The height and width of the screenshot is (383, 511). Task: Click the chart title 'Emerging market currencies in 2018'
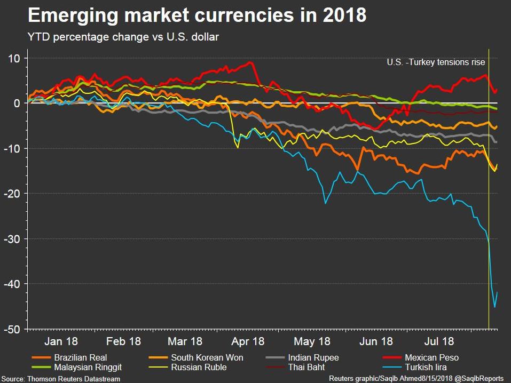[x=196, y=16]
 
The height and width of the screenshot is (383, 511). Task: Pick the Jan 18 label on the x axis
[x=61, y=341]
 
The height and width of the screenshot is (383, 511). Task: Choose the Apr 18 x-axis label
[x=248, y=341]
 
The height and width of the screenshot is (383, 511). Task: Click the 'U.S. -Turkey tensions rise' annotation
[x=436, y=62]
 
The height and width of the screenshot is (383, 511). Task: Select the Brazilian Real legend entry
[x=80, y=358]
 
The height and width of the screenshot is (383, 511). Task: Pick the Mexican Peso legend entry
[x=431, y=358]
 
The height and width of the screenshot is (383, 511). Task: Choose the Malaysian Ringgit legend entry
[x=87, y=367]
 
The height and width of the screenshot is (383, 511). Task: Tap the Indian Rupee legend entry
[x=313, y=358]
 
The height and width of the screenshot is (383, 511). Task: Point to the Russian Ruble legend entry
[x=199, y=367]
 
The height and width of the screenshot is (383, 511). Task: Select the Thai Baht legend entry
[x=306, y=367]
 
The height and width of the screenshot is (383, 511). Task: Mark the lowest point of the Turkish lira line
[x=494, y=307]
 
